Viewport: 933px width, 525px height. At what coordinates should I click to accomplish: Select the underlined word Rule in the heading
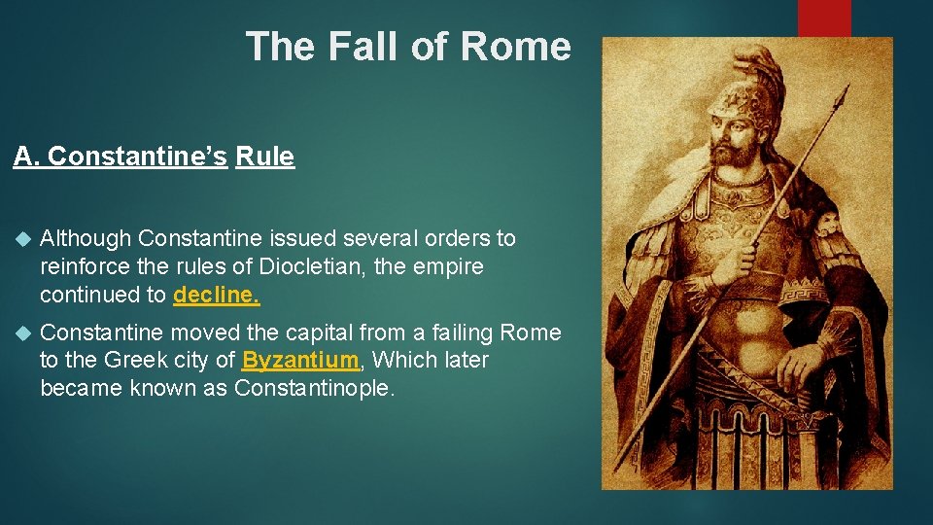[x=264, y=157]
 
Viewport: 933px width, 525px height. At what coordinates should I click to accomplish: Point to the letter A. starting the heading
[x=26, y=157]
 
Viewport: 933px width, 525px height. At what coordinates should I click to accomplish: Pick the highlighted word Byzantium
[x=301, y=360]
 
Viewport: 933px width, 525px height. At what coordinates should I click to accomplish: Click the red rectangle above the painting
[x=824, y=17]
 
